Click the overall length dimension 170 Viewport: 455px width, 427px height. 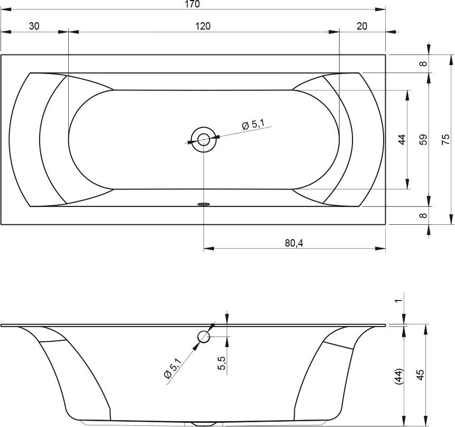[x=192, y=4]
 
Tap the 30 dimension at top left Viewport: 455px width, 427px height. [x=34, y=26]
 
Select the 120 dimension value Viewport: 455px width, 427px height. [x=202, y=26]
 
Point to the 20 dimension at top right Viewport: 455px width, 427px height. [x=362, y=26]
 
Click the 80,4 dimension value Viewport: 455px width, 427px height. [x=294, y=243]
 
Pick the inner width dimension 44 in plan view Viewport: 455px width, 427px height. [x=402, y=140]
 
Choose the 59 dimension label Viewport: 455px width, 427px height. [x=424, y=140]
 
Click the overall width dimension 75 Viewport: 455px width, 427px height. [x=445, y=140]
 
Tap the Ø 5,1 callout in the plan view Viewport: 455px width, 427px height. [x=253, y=124]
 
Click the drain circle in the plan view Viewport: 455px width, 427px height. [x=203, y=140]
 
